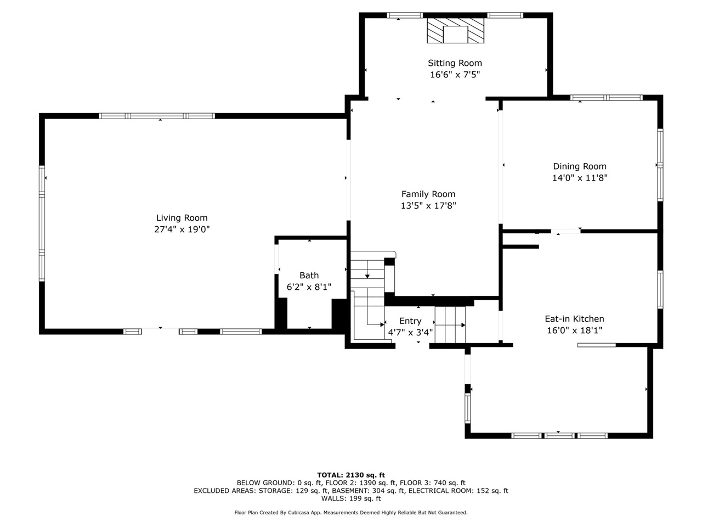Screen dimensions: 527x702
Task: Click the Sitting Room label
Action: [455, 63]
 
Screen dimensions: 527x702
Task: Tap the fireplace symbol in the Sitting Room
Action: [456, 31]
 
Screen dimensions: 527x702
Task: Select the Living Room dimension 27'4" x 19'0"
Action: [182, 229]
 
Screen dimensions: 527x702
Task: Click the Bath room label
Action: [309, 276]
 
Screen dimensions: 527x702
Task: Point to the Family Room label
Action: [428, 194]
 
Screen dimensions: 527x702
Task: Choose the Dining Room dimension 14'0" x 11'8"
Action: [580, 178]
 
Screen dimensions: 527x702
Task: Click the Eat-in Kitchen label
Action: [574, 318]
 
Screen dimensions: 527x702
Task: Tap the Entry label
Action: [410, 321]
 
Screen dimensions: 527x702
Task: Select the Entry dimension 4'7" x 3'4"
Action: [410, 332]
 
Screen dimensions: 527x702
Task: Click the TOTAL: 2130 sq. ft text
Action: [351, 475]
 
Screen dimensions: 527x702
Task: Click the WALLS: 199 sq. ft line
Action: [351, 498]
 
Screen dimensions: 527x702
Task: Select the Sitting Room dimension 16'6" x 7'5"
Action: [455, 75]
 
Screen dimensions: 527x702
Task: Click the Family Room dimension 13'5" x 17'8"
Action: [428, 206]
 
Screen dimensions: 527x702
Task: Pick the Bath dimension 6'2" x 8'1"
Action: [309, 287]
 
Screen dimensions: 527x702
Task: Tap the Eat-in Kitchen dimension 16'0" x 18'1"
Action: [574, 330]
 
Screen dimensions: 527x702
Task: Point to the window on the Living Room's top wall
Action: [157, 116]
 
